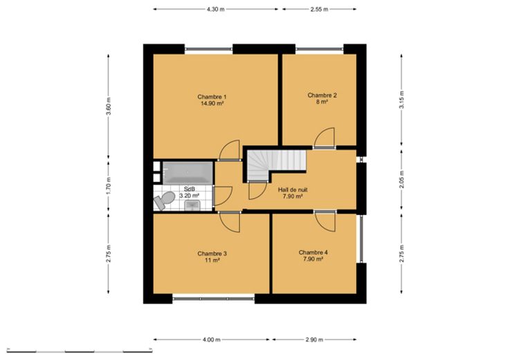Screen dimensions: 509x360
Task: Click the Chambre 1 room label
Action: pos(212,97)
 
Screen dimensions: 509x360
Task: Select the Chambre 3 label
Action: pos(212,254)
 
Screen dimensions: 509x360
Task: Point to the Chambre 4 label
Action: pos(313,252)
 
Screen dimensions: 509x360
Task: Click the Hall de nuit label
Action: pos(293,190)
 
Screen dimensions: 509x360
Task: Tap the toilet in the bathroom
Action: pos(165,200)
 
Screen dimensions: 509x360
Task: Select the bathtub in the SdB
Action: pos(187,172)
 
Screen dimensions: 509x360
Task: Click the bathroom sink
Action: pos(192,205)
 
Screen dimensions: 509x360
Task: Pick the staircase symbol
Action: pos(277,166)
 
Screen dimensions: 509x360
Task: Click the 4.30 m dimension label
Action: pos(216,9)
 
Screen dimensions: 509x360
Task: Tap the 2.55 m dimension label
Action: pos(319,9)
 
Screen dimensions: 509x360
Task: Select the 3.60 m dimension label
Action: pos(109,106)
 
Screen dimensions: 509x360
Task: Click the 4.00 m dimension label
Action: pos(212,339)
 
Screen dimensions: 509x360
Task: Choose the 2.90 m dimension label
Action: pos(314,339)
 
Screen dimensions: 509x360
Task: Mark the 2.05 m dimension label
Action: pos(402,180)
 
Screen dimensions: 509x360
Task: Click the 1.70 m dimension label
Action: pos(109,185)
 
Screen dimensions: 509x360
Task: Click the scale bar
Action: pos(80,351)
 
